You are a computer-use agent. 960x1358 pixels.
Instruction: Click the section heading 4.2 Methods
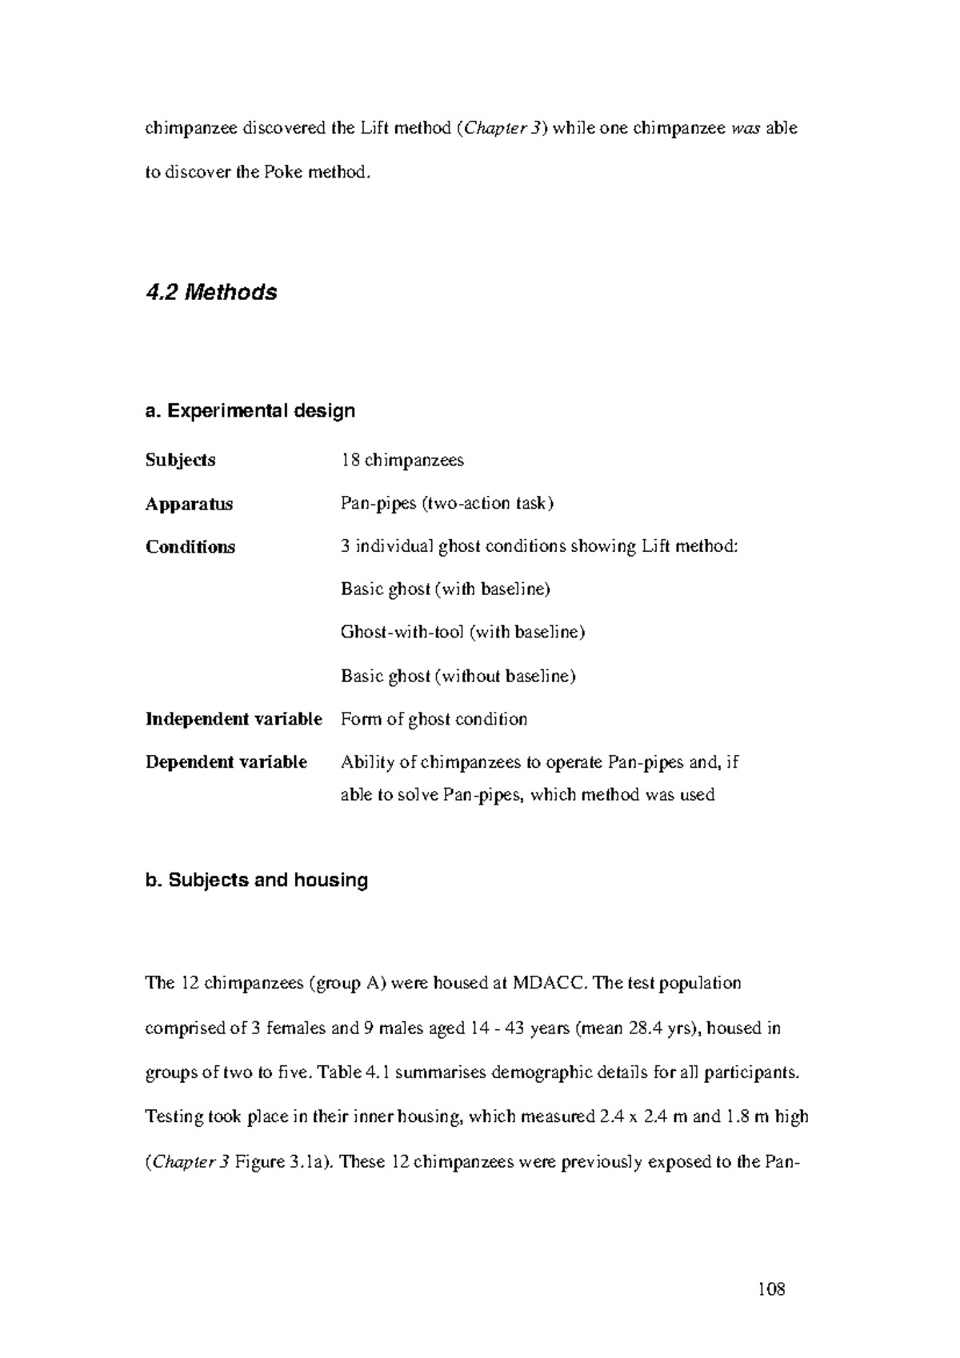pos(211,293)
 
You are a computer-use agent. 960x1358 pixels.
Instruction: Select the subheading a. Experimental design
pos(250,411)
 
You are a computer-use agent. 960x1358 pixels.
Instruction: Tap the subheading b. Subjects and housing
pos(256,881)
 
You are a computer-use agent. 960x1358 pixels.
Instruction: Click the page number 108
pos(771,1289)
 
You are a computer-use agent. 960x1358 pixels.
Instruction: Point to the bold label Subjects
pos(180,461)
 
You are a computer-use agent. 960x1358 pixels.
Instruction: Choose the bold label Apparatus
pos(189,504)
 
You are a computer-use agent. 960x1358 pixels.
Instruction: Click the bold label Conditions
pos(190,547)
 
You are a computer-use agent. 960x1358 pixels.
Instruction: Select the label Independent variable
pos(234,719)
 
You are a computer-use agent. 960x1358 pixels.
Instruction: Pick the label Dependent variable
pos(226,762)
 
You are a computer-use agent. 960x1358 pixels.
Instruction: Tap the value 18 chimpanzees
pos(402,461)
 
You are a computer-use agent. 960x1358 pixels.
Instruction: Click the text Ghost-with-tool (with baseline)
pos(462,633)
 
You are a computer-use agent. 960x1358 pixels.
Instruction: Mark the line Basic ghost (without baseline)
pos(458,676)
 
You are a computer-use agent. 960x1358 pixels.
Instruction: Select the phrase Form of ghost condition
pos(434,719)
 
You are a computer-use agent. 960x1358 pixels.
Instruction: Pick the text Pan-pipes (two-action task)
pos(446,504)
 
